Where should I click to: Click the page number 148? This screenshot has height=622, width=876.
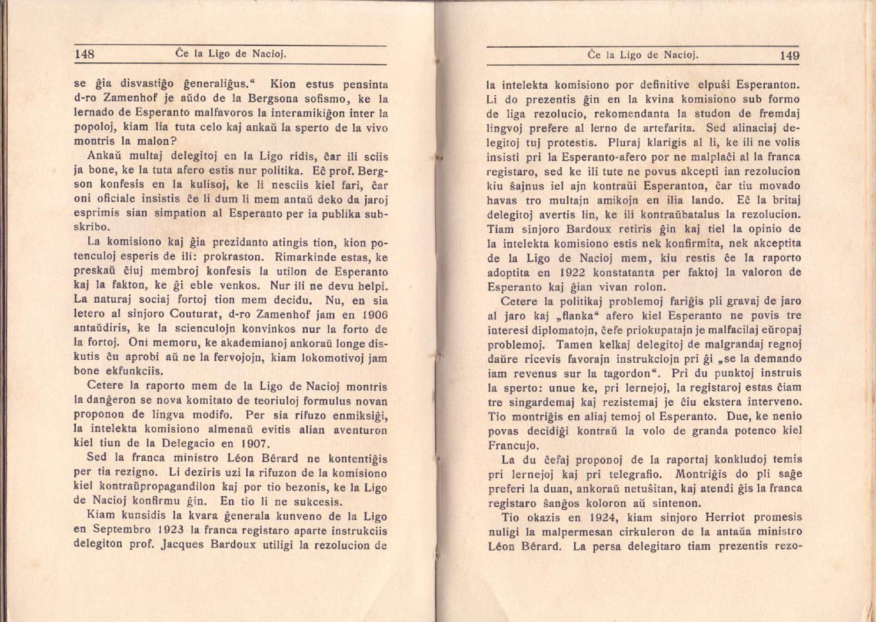[x=85, y=55]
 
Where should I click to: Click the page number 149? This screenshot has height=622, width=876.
[x=789, y=56]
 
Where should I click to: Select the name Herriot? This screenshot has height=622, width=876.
[x=724, y=518]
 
